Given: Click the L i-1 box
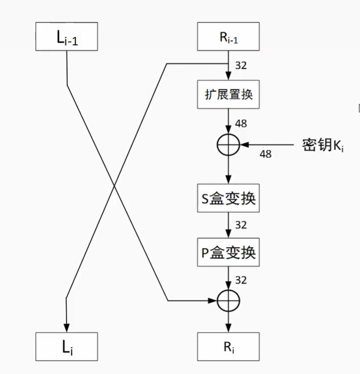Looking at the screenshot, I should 67,37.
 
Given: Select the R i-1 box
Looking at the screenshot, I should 227,37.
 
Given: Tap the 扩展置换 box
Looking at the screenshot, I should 227,95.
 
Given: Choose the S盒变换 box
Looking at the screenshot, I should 227,198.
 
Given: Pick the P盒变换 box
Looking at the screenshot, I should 227,252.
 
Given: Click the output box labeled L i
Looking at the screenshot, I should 67,346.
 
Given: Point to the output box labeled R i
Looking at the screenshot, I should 227,346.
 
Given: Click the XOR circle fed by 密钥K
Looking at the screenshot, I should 227,144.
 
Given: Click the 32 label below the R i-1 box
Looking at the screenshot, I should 240,66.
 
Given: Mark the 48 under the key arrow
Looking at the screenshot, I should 265,153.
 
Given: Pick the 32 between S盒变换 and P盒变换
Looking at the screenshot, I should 241,225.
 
